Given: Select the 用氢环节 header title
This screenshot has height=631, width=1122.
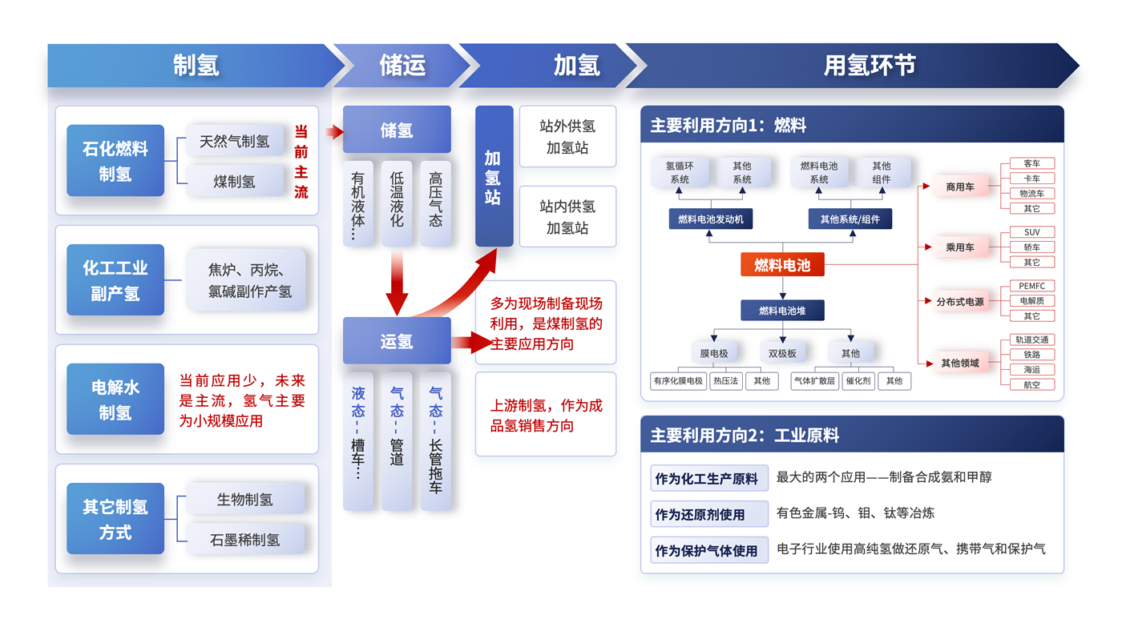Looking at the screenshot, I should (x=870, y=66).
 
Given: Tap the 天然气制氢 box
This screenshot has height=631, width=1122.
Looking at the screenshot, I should (x=235, y=142).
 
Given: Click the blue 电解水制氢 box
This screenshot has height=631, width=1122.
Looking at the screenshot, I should (x=115, y=400).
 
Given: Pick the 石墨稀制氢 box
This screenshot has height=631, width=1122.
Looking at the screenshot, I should (x=245, y=540).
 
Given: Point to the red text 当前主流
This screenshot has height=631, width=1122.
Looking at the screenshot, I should (x=301, y=162).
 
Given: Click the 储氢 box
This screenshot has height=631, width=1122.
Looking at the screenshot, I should (x=397, y=130).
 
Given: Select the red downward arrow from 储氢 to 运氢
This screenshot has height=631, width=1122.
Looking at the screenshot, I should (x=398, y=284).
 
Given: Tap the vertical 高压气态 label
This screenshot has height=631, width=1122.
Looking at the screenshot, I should (x=435, y=199).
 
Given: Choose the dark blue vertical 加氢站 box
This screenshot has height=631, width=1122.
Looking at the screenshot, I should (x=494, y=176).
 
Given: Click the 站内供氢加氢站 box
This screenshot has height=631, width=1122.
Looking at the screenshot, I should (x=567, y=217).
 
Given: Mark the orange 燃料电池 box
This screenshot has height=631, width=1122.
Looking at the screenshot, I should (x=782, y=265).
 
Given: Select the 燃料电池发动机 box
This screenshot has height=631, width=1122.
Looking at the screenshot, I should (x=710, y=219).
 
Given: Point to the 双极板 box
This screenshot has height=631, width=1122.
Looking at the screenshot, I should (x=782, y=353).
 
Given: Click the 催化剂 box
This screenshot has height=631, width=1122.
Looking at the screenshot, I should (x=858, y=381).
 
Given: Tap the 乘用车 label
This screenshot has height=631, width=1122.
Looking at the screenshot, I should (x=960, y=247).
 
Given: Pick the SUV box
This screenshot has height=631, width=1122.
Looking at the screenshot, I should (x=1032, y=232).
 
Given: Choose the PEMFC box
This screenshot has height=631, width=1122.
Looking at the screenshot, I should (x=1032, y=286).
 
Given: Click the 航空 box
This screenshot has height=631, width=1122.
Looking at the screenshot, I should (x=1032, y=384).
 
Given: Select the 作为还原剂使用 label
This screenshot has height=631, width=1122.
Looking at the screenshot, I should (x=700, y=514).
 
